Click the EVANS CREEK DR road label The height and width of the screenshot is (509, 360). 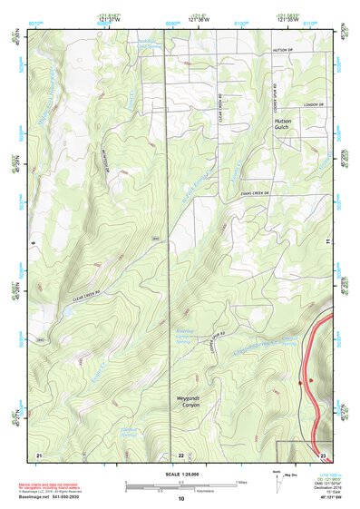click(x=257, y=192)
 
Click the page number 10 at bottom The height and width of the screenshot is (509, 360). click(x=180, y=498)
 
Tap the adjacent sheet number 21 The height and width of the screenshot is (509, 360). click(x=38, y=453)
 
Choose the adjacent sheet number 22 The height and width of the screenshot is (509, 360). click(x=180, y=454)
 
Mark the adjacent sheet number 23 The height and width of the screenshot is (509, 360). click(x=322, y=454)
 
